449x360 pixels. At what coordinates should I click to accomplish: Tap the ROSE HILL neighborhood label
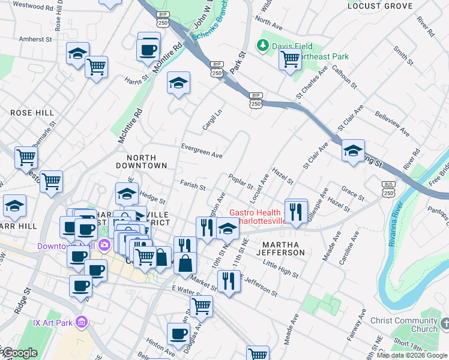click(x=32, y=113)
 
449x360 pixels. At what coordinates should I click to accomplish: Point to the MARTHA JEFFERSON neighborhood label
click(x=282, y=249)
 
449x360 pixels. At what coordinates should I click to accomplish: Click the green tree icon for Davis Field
click(x=262, y=45)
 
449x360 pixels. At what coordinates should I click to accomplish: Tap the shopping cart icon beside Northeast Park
click(x=290, y=59)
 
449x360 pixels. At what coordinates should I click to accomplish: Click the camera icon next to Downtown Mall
click(x=105, y=245)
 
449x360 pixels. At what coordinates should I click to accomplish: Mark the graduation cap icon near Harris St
click(x=178, y=83)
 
